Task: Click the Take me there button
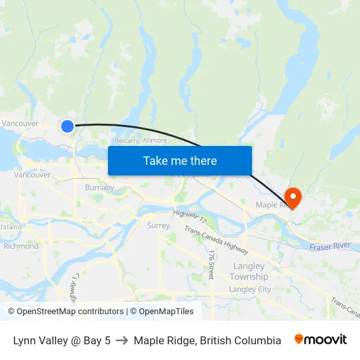click(x=179, y=160)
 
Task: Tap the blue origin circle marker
click(x=67, y=126)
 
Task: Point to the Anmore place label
click(x=154, y=140)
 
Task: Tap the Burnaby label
click(x=99, y=188)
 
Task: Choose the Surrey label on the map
click(x=158, y=225)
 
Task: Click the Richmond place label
click(x=21, y=246)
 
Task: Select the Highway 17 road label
click(x=190, y=215)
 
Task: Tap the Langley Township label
click(x=249, y=272)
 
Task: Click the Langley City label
click(x=250, y=289)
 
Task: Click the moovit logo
click(x=320, y=340)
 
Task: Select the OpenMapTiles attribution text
click(x=166, y=312)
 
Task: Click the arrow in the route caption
click(x=122, y=340)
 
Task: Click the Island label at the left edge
click(x=10, y=226)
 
